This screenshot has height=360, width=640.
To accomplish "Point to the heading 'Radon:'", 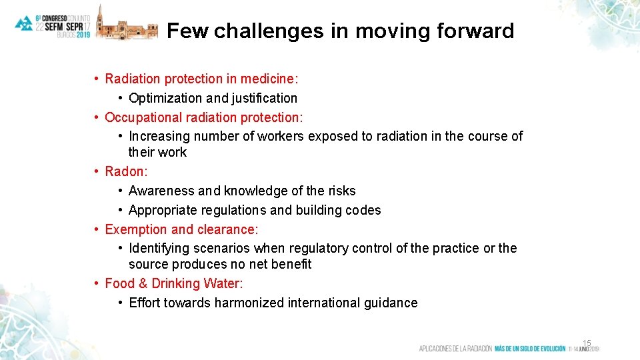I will (127, 171).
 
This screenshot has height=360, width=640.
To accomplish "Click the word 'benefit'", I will (291, 264).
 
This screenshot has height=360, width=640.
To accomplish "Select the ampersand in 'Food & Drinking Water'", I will (142, 283).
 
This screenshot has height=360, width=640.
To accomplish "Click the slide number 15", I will (587, 343).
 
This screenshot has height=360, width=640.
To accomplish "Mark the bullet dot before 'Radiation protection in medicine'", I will (97, 79).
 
